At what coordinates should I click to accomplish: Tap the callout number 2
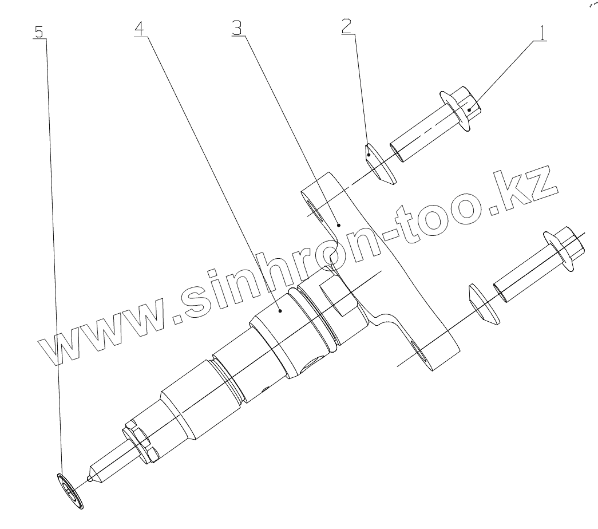(x=347, y=26)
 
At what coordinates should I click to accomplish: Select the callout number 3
(x=237, y=27)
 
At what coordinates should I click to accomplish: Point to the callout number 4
(x=140, y=28)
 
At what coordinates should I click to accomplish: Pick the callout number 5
(x=39, y=31)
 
